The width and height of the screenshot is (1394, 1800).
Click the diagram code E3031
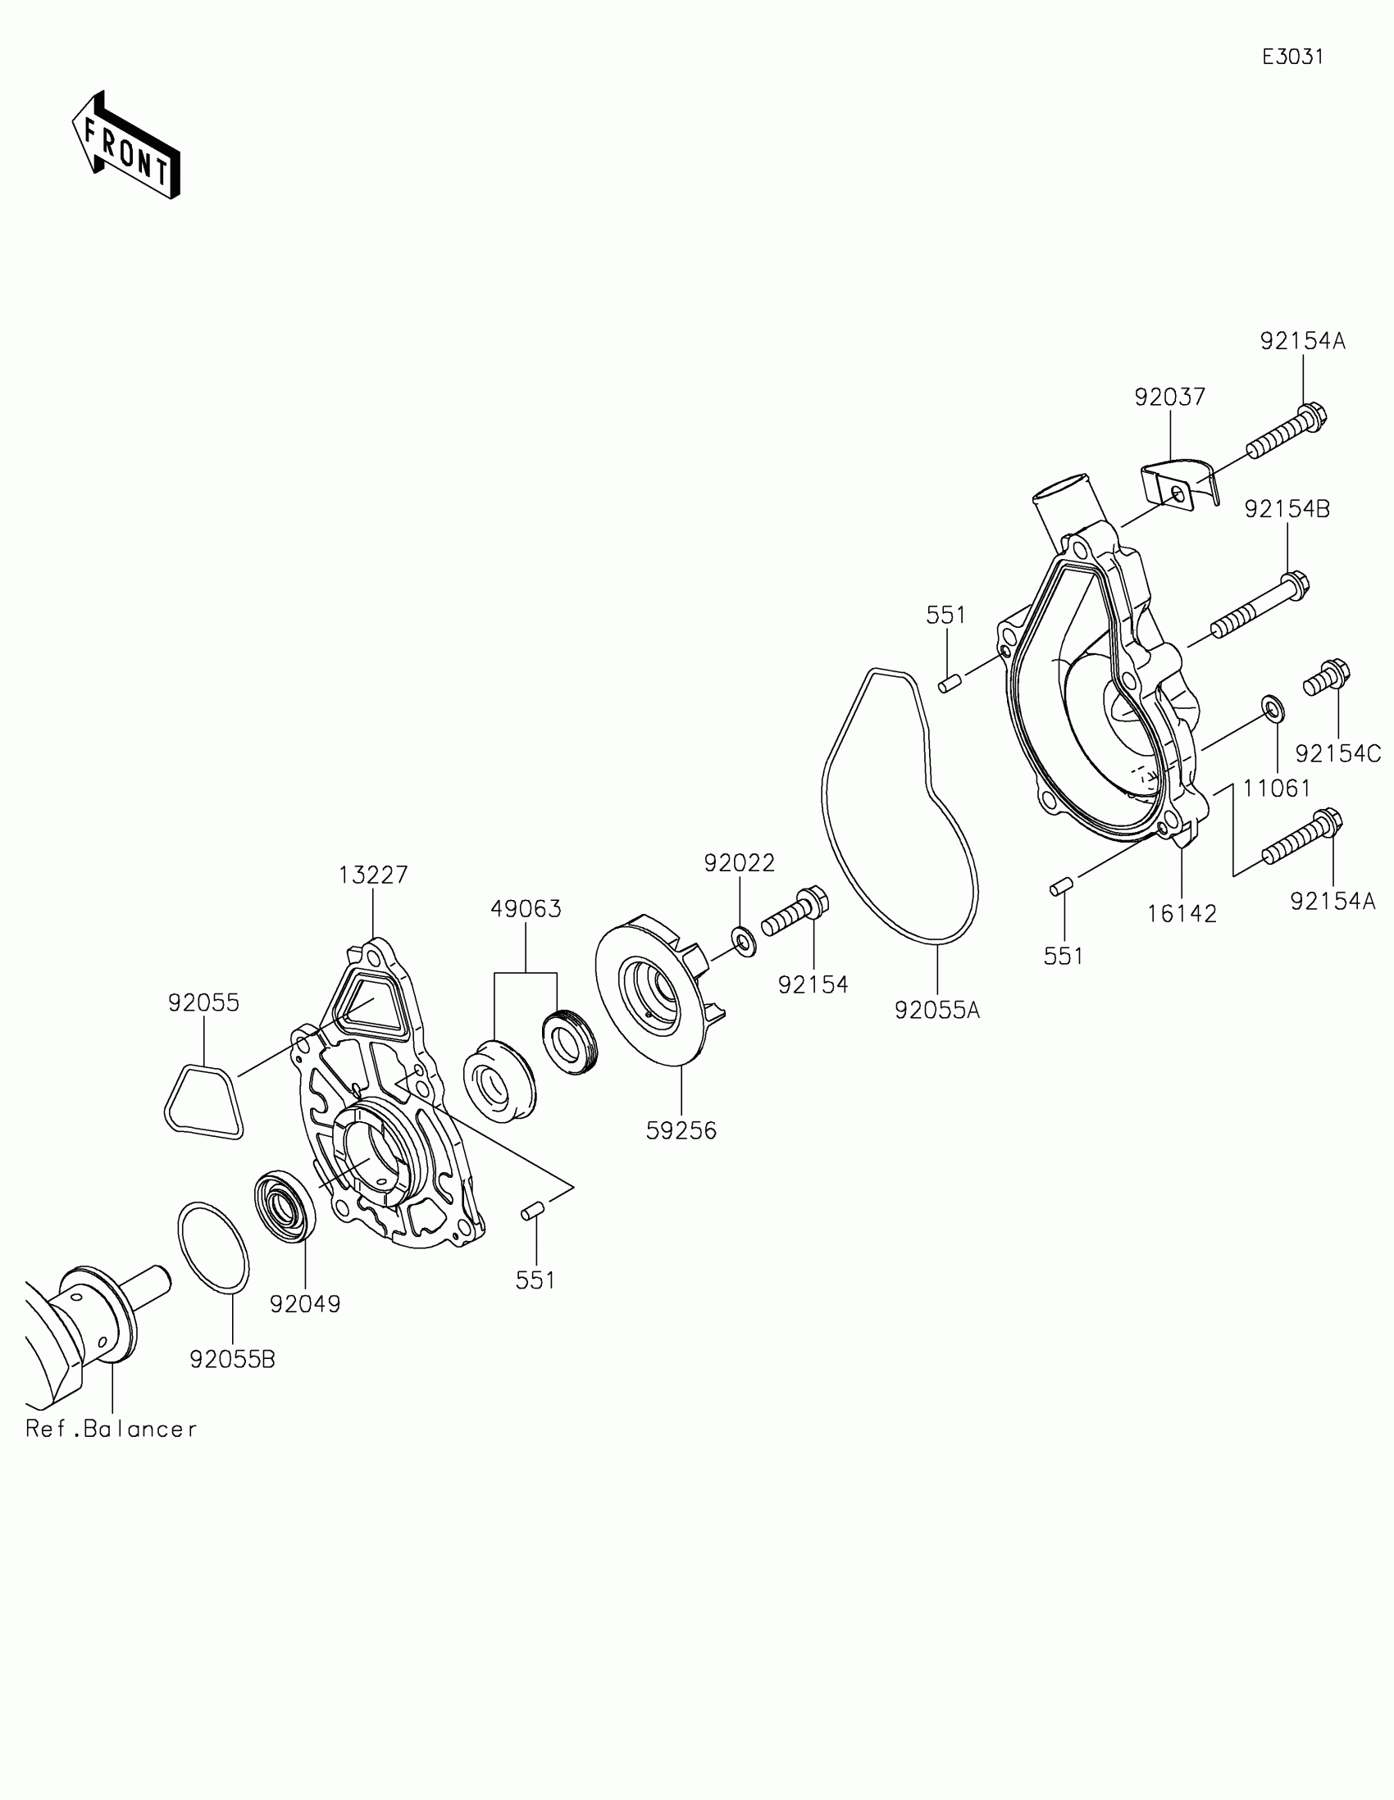coord(1292,57)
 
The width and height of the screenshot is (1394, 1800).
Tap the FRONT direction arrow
coord(125,147)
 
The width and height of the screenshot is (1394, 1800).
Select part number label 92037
coord(1169,398)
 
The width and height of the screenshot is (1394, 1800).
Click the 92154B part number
coord(1287,509)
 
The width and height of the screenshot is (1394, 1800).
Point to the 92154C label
coord(1337,753)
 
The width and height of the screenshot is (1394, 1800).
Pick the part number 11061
coord(1276,789)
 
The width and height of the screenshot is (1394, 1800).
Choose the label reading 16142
coord(1182,913)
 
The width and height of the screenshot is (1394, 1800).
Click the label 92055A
coord(936,1010)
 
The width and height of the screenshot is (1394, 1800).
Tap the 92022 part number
coord(739,863)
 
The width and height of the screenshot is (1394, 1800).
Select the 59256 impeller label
coord(681,1131)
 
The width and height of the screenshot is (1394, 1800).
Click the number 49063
coord(525,909)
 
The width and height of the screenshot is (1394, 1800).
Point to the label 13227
coord(372,875)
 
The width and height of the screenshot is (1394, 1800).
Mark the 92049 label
coord(304,1304)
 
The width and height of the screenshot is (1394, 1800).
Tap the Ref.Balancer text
coord(112,1429)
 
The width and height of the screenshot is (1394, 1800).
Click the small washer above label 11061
coord(1272,708)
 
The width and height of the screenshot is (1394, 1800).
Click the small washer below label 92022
coord(743,940)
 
